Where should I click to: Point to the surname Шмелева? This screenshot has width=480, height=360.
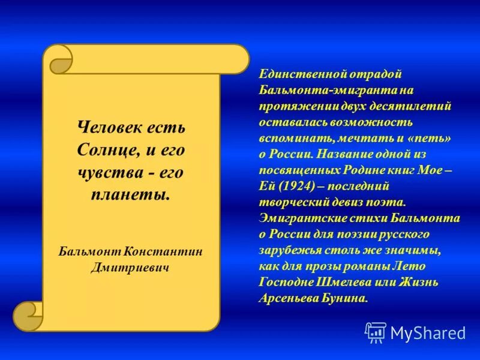point(355,282)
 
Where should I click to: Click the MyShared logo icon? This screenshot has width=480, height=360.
point(376,332)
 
